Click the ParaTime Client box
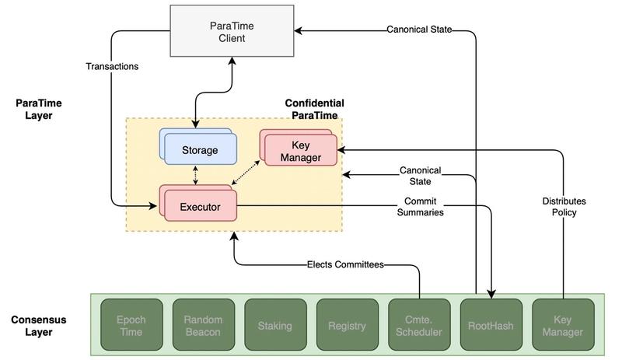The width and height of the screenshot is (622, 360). click(232, 32)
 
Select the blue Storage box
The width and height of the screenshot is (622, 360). click(200, 150)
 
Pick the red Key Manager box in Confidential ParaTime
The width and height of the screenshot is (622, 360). click(300, 151)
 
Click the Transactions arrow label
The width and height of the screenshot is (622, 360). click(112, 67)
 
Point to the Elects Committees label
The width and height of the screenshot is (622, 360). click(345, 265)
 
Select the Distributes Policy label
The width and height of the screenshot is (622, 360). click(564, 207)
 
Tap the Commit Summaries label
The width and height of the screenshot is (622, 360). click(419, 207)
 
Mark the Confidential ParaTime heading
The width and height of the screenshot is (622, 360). click(314, 110)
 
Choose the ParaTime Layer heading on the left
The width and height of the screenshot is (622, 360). click(38, 110)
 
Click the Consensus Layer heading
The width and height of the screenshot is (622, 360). click(38, 326)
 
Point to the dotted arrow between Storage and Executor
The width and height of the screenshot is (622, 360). click(195, 175)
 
